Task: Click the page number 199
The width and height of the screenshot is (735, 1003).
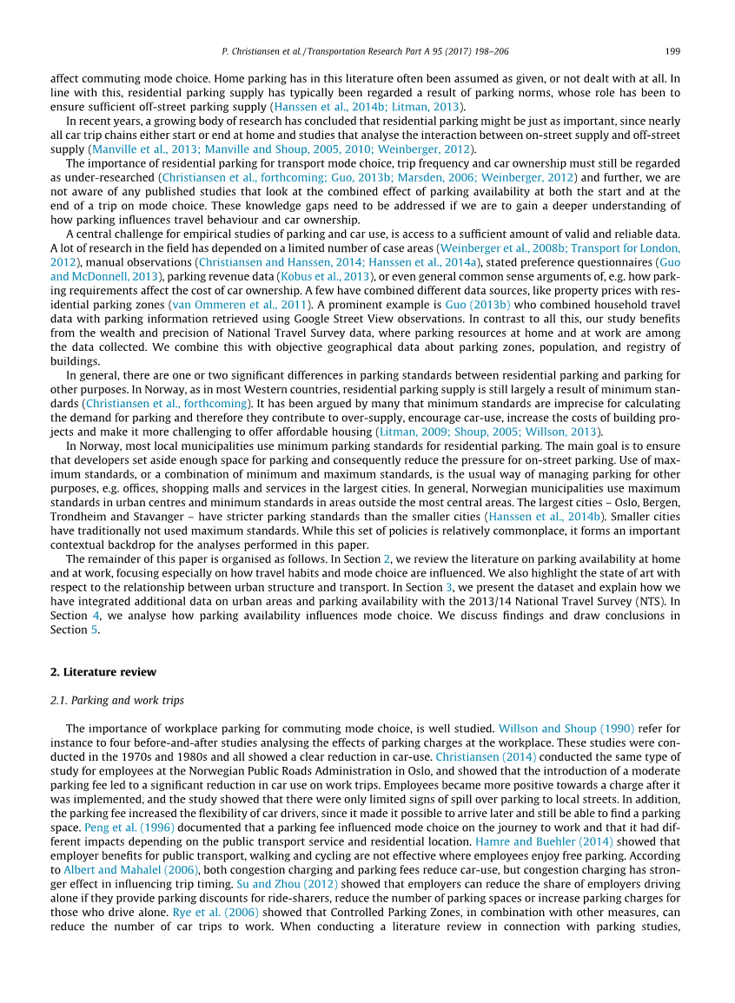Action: [672, 51]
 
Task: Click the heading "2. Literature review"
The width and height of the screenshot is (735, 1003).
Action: [103, 672]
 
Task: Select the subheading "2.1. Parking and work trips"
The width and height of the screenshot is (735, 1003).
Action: [117, 700]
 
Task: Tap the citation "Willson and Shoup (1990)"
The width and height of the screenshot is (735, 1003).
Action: [566, 729]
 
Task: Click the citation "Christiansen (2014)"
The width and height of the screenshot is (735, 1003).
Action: [486, 757]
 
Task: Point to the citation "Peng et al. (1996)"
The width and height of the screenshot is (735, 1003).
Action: [129, 828]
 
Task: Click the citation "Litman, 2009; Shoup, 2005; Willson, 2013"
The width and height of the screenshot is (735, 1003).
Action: [489, 432]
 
